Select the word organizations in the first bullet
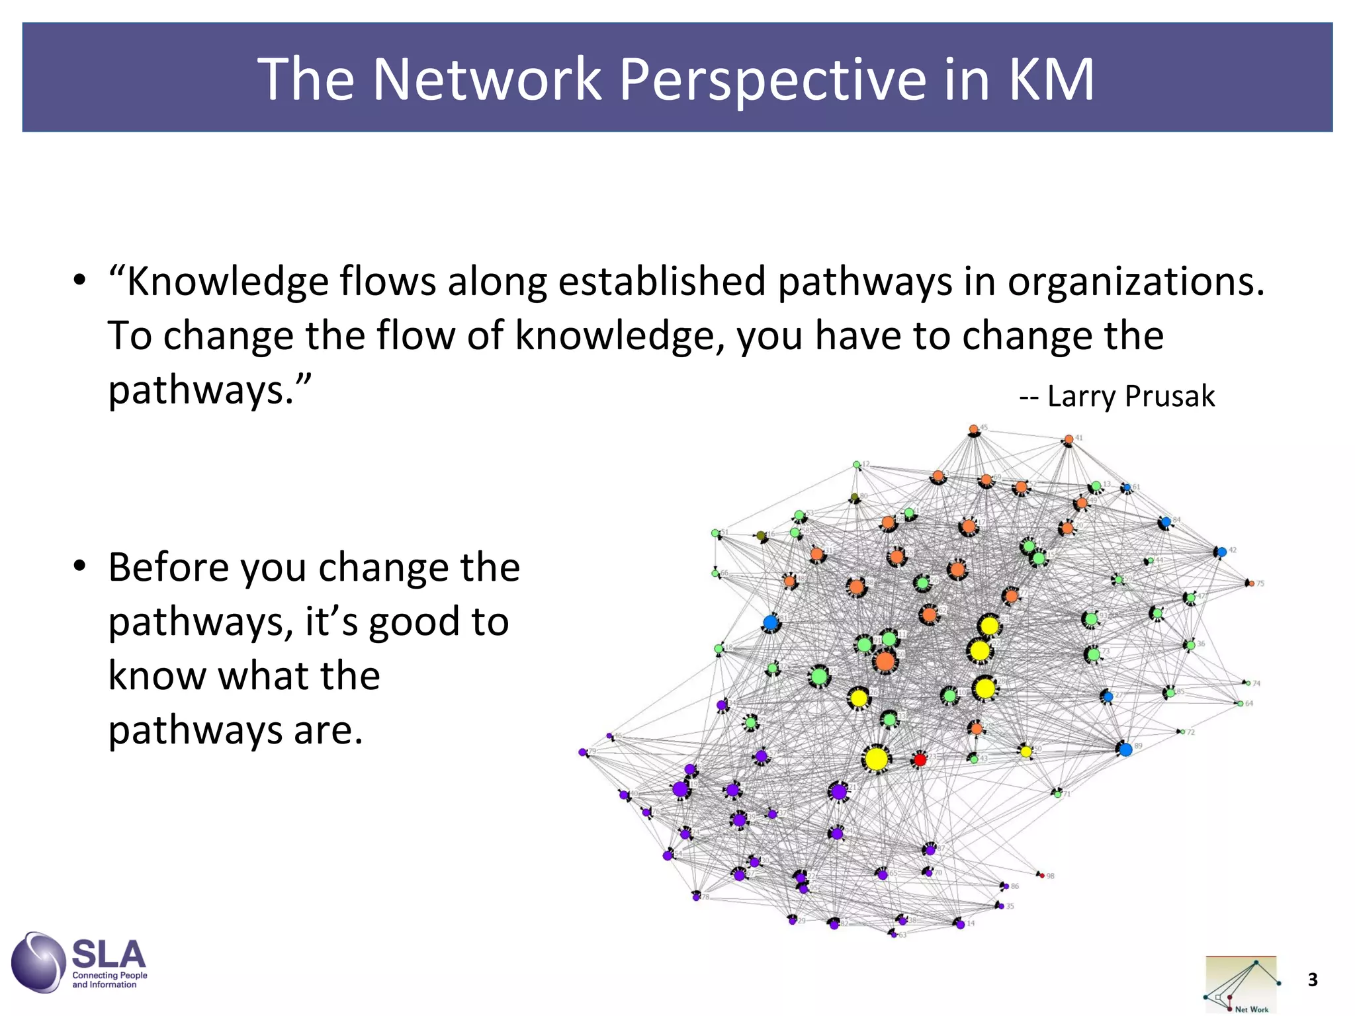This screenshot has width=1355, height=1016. [1135, 281]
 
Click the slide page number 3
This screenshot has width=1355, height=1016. [1313, 980]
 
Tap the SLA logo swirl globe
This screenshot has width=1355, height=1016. [38, 962]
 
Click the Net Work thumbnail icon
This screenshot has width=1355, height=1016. [1241, 984]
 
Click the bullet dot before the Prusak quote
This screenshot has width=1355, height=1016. [79, 280]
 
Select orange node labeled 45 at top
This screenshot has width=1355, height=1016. [973, 430]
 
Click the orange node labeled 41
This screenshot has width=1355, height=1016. [1069, 439]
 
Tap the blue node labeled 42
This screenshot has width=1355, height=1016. [1221, 552]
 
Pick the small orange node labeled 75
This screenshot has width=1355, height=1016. [1251, 583]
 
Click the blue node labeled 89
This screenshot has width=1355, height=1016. [1125, 749]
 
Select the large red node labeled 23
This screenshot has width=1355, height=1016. [919, 759]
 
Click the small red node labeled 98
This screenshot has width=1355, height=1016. [1042, 876]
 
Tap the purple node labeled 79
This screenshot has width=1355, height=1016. [583, 752]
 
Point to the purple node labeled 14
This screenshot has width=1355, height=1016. [960, 924]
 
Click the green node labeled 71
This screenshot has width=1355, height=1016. [1057, 793]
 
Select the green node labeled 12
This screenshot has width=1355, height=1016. [857, 465]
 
